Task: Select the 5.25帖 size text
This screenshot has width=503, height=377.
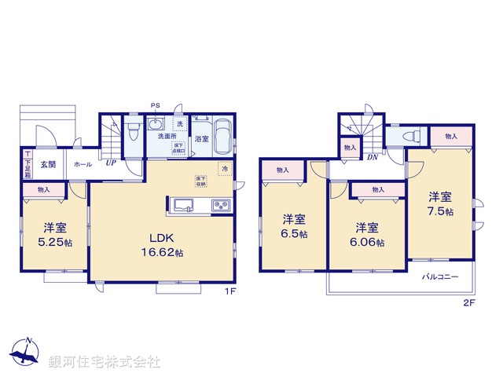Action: point(55,243)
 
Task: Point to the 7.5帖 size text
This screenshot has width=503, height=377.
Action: point(440,212)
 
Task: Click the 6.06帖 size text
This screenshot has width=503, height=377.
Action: point(368,243)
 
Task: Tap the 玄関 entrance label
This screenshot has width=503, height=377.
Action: point(49,164)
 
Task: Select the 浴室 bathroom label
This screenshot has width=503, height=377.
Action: point(201,140)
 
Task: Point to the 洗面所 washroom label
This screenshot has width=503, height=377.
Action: point(167,137)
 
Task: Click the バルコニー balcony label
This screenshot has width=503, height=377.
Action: point(439,277)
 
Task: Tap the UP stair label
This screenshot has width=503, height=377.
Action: point(112,164)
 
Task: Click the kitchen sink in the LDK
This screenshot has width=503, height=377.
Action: point(184,207)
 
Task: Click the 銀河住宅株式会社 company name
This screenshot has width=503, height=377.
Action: point(105,362)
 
